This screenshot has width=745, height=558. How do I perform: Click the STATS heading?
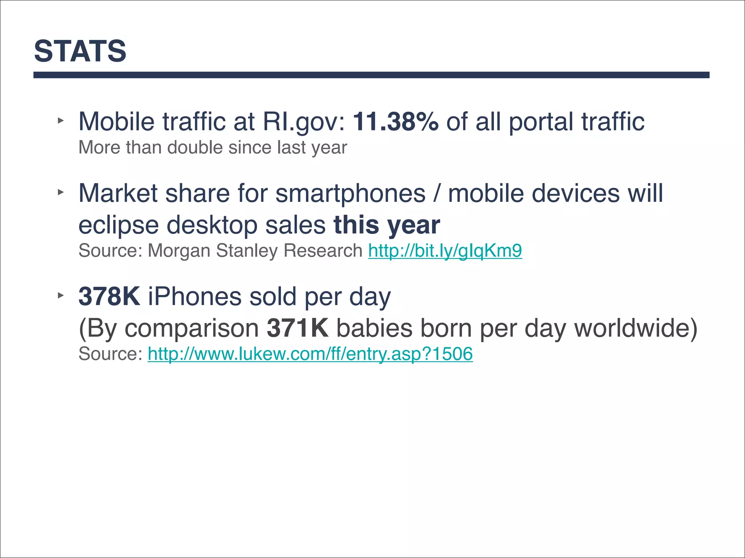(80, 51)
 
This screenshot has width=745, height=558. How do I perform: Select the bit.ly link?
(445, 251)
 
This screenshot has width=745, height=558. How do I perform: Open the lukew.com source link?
(310, 354)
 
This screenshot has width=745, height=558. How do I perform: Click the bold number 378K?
(109, 296)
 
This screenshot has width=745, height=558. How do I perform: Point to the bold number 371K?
(297, 328)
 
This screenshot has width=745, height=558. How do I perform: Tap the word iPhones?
(195, 296)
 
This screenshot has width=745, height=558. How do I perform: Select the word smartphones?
(350, 193)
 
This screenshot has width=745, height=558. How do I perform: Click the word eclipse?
(119, 226)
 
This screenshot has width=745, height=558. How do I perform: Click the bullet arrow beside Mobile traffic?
(60, 120)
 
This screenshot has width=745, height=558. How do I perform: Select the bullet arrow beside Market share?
(60, 192)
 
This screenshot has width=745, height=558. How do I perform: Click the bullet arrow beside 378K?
(60, 295)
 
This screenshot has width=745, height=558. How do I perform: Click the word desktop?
(212, 226)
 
